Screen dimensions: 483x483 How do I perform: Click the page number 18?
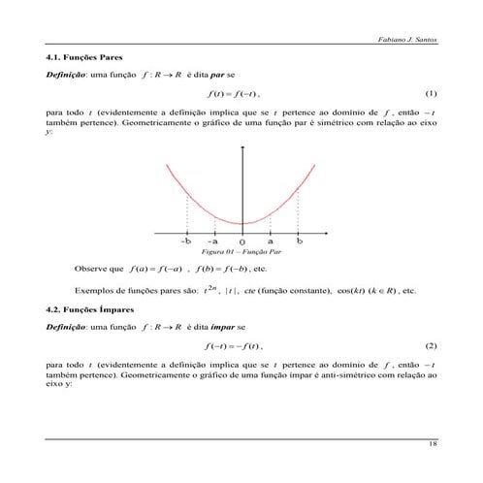coord(433,445)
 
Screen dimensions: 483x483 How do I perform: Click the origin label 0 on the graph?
coord(241,241)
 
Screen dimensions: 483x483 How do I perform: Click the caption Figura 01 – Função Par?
coord(241,250)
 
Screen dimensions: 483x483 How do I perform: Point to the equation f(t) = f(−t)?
coord(235,94)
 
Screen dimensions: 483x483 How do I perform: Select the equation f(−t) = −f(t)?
coord(235,345)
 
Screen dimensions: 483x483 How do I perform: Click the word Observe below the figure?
coord(91,267)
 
